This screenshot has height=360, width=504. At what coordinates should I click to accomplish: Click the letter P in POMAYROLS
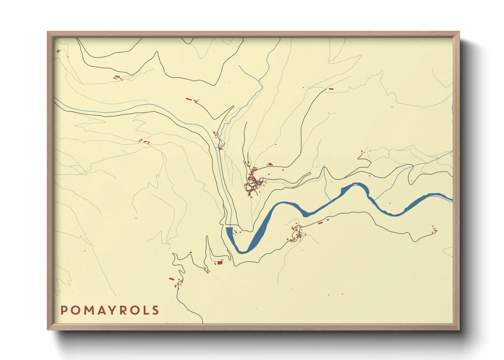(64, 310)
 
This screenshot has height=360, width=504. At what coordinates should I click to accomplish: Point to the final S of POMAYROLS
(156, 310)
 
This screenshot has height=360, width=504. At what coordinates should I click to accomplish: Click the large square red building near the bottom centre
(220, 262)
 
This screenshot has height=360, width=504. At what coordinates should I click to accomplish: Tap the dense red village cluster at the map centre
(253, 182)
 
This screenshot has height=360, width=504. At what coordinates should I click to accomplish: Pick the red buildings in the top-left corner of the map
(58, 51)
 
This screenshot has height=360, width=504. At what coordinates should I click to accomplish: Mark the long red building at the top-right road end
(330, 89)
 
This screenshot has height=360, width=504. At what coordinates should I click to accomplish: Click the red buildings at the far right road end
(435, 230)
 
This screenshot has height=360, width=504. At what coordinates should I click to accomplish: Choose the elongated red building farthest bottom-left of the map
(171, 279)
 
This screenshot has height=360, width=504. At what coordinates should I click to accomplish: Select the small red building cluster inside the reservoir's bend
(236, 232)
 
